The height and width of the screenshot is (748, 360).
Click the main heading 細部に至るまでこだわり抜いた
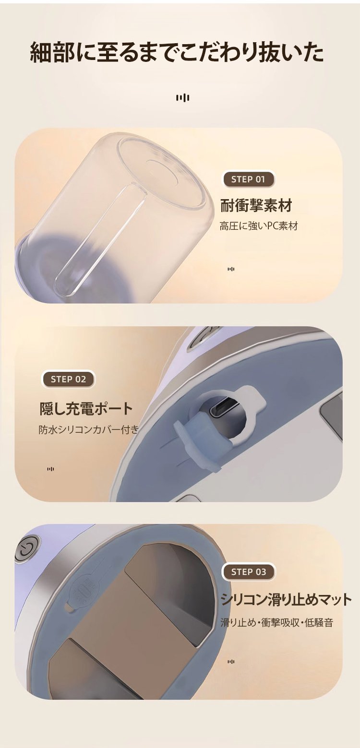pos(177,53)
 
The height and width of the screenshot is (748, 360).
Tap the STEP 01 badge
pos(249,179)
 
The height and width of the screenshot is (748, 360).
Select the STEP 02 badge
pos(68,380)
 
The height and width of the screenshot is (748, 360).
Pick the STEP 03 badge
pos(249,572)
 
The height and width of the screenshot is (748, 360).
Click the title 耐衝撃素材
pos(256,205)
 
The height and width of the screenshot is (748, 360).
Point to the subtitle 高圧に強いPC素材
pos(258,226)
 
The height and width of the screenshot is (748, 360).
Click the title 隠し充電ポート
pos(86,409)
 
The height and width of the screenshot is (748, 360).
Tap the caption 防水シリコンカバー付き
pos(88,429)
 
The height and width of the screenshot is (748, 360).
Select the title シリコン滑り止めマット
pos(286,599)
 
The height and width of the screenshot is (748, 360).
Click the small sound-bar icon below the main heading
pos(183,97)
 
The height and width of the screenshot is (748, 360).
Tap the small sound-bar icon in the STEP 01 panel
pos(231,269)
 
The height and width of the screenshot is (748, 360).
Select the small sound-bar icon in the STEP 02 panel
pos(50,469)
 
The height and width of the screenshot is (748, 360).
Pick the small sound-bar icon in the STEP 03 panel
pos(231,662)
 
